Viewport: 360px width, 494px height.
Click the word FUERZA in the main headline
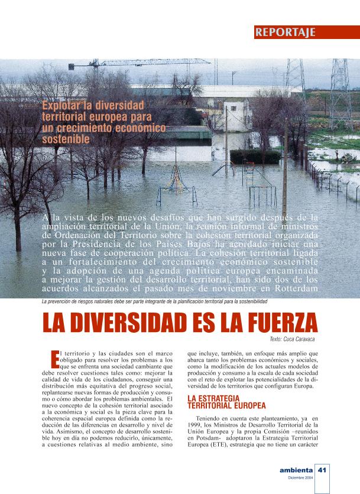click(x=271, y=323)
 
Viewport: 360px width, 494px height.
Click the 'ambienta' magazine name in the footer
click(x=296, y=470)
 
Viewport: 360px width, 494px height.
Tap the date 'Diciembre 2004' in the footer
click(x=301, y=478)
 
